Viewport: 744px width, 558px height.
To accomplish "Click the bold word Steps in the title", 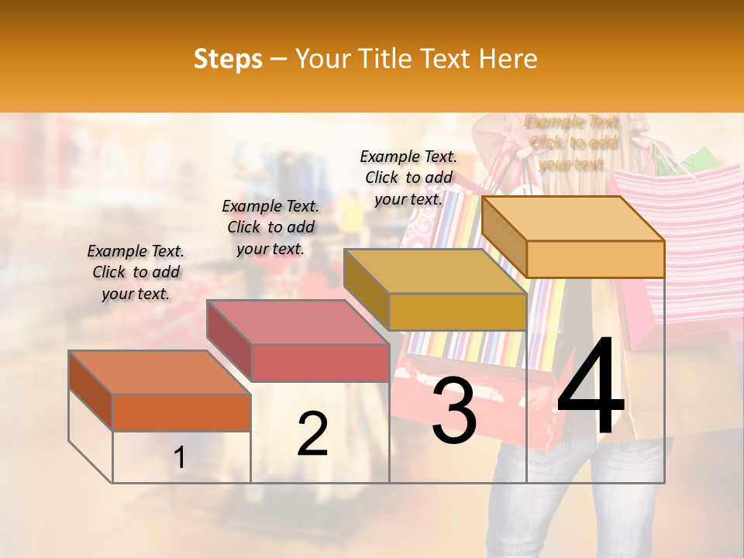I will click(x=228, y=59).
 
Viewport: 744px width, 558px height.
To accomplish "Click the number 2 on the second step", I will click(x=312, y=435).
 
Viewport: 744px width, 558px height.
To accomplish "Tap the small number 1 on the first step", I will click(x=180, y=458).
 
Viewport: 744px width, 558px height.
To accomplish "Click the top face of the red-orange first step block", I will click(x=159, y=373).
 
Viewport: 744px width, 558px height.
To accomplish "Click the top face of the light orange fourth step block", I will click(x=572, y=219).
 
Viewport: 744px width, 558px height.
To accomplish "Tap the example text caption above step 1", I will click(x=136, y=273).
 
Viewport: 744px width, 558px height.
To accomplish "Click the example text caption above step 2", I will click(x=270, y=228).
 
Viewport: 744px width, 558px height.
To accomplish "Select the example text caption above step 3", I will click(x=408, y=177).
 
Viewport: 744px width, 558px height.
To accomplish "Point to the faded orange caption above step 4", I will click(x=572, y=143).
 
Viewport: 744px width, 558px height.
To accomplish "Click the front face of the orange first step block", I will click(x=181, y=412).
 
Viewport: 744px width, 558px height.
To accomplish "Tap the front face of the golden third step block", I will click(x=457, y=312).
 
